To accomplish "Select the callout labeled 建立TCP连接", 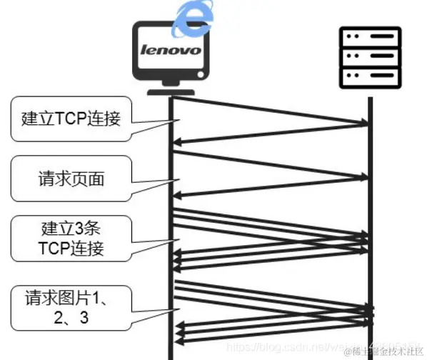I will click(71, 118).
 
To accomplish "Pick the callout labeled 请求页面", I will click(71, 178).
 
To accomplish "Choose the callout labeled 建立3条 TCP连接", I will click(71, 240).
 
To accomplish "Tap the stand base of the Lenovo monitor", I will click(171, 90).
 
